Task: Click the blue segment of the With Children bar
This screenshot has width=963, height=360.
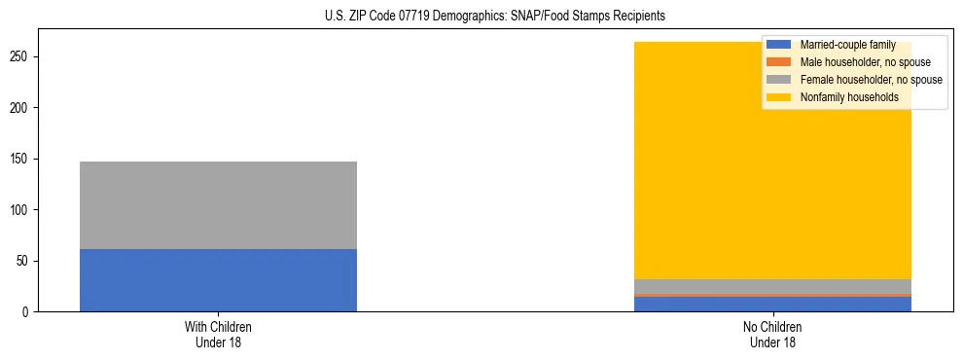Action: (x=218, y=280)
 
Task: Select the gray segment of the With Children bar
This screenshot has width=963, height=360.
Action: (x=218, y=205)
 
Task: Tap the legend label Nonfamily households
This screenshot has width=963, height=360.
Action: (x=843, y=97)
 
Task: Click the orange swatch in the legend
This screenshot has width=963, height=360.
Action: (x=779, y=62)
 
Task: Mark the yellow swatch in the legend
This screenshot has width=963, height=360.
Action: (x=779, y=97)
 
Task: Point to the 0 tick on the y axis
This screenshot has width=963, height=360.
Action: (x=26, y=312)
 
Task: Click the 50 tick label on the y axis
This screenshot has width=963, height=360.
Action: (x=23, y=261)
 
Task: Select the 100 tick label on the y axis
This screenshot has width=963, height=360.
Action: (x=20, y=210)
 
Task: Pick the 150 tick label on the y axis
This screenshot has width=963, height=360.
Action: (x=20, y=159)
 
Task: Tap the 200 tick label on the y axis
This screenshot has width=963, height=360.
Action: (x=20, y=108)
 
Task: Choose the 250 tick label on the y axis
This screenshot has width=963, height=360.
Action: (x=20, y=57)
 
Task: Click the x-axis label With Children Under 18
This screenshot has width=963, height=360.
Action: (x=218, y=335)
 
